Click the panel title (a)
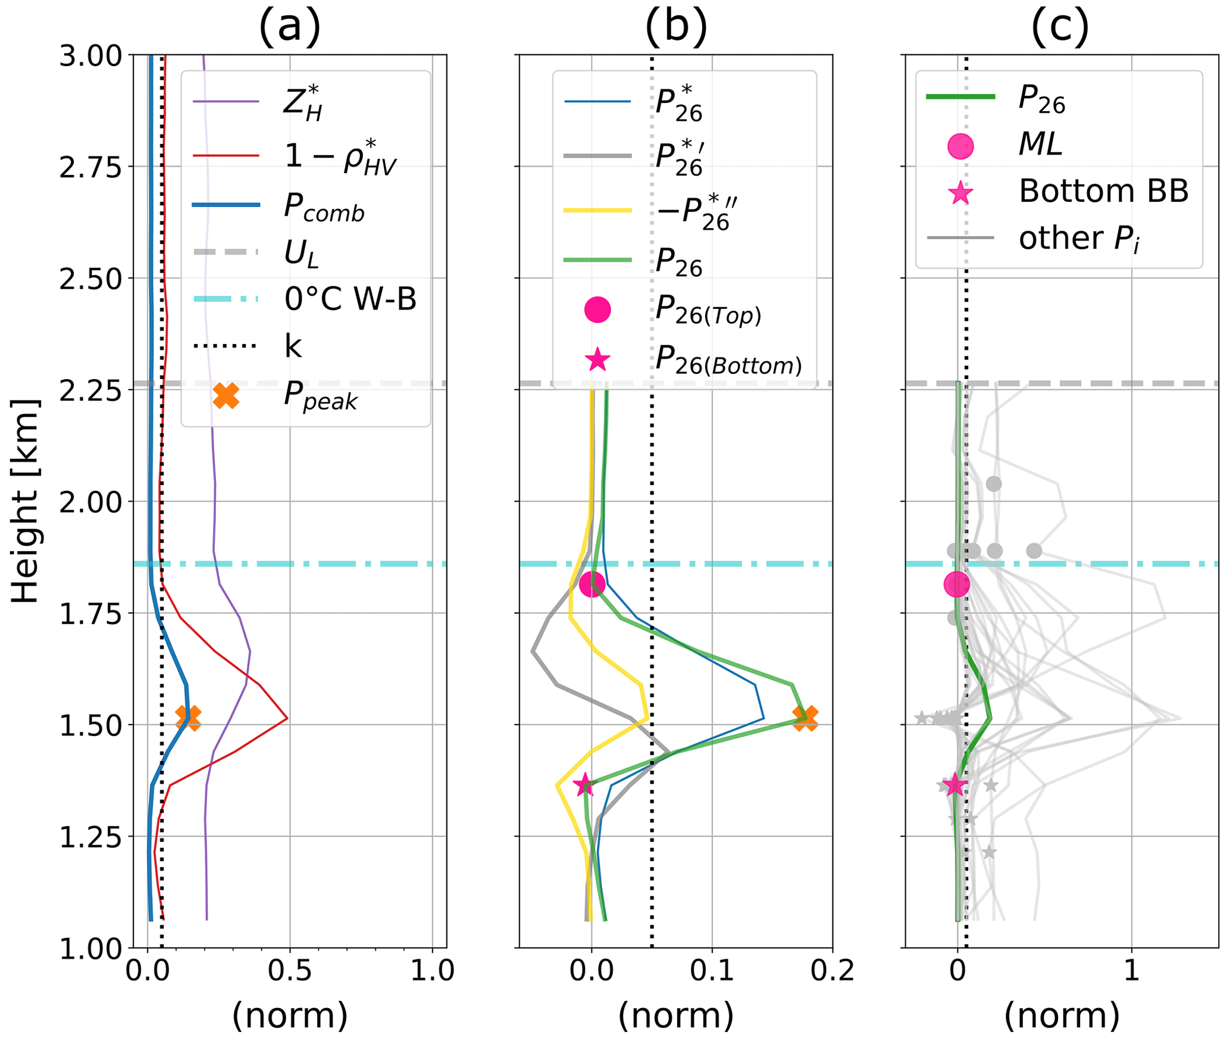(289, 26)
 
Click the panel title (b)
(676, 26)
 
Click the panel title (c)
(1060, 26)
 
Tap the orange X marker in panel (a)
(188, 718)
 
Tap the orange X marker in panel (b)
(805, 718)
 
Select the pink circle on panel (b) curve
(593, 584)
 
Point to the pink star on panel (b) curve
(585, 785)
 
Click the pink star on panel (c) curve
(955, 785)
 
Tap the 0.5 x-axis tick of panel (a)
(290, 971)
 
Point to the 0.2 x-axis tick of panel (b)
(831, 971)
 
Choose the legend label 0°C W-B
(350, 299)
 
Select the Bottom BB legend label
(1103, 192)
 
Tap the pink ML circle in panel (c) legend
(960, 146)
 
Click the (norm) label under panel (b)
(676, 1015)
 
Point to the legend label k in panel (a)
(293, 346)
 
